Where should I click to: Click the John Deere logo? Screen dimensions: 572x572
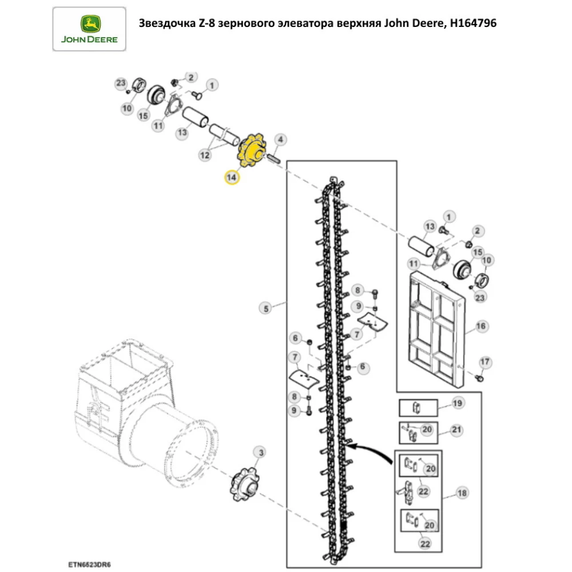tap(89, 29)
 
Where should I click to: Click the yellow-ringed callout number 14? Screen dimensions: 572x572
tap(231, 178)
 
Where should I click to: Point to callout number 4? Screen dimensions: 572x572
tap(281, 140)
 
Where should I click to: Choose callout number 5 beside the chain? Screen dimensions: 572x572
tap(265, 309)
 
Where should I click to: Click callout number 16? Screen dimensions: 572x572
tap(481, 326)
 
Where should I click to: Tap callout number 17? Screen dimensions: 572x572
tap(484, 362)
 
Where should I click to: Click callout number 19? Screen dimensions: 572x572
tap(457, 404)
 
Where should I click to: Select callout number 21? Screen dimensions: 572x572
tap(457, 430)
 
